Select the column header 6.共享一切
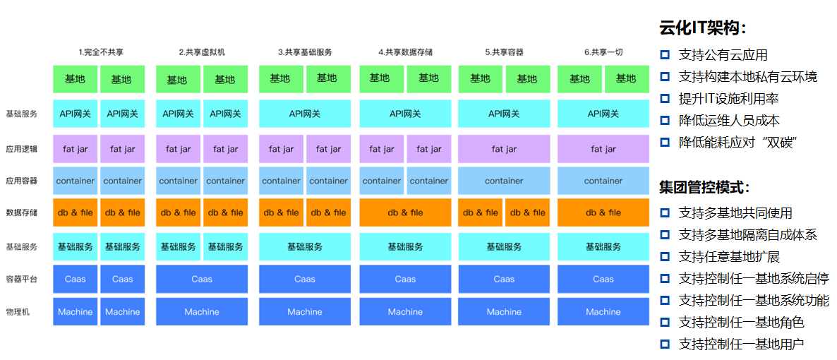(x=603, y=52)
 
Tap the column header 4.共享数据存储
(x=405, y=52)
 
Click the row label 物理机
(x=18, y=312)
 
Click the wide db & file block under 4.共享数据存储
(x=405, y=212)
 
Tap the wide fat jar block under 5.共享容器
(x=504, y=149)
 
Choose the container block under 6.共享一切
(x=603, y=181)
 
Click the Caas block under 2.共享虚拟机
(x=202, y=279)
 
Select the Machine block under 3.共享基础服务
(x=305, y=311)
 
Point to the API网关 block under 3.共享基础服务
(x=305, y=113)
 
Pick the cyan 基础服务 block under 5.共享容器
(x=504, y=246)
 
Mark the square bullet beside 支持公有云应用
(x=665, y=54)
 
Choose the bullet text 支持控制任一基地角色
(x=742, y=322)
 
